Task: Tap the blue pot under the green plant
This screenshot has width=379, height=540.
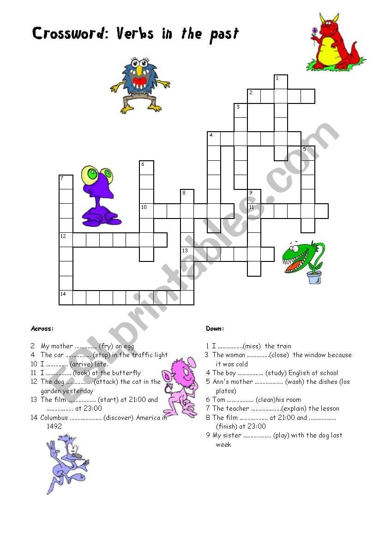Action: pyautogui.click(x=314, y=277)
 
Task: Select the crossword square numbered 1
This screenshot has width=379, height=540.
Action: pyautogui.click(x=281, y=82)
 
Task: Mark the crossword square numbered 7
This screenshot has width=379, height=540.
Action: pyautogui.click(x=66, y=182)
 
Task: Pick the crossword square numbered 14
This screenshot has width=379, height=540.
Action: pyautogui.click(x=66, y=298)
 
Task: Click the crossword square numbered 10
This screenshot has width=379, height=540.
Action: pyautogui.click(x=146, y=211)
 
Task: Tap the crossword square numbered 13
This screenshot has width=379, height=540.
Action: pyautogui.click(x=187, y=254)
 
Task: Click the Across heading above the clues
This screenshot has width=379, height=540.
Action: pyautogui.click(x=42, y=329)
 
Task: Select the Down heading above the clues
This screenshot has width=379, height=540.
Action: pyautogui.click(x=215, y=329)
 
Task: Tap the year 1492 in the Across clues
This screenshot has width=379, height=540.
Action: pyautogui.click(x=54, y=426)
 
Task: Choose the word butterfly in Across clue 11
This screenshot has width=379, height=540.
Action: pyautogui.click(x=125, y=373)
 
